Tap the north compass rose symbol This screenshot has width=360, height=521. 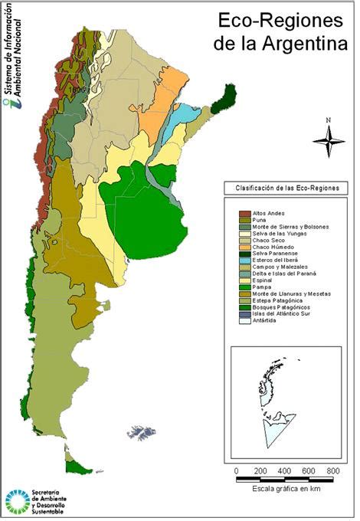click(x=328, y=139)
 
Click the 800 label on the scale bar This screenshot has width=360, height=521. click(x=332, y=470)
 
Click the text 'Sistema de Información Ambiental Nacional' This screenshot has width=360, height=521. click(x=13, y=57)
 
